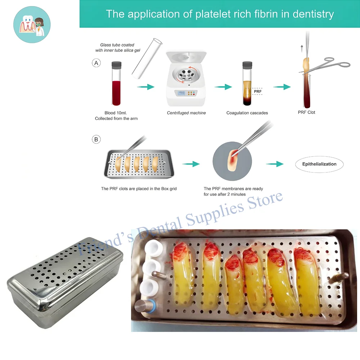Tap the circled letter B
click(x=96, y=139)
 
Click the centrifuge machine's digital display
click(x=182, y=93)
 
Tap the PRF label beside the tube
click(x=258, y=91)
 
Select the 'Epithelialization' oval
click(x=319, y=164)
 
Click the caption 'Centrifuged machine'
click(x=186, y=113)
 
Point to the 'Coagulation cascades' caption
click(x=247, y=113)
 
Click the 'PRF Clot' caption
click(x=306, y=112)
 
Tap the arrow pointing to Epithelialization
click(x=275, y=164)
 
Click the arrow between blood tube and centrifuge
click(x=145, y=87)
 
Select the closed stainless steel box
click(x=65, y=285)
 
